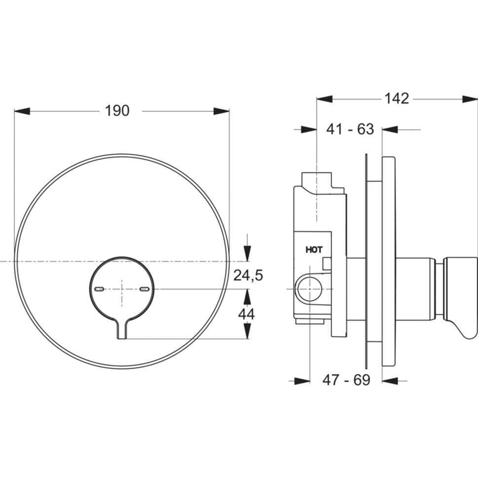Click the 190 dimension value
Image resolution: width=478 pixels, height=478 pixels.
(x=117, y=110)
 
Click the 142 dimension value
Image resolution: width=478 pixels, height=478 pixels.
(x=397, y=98)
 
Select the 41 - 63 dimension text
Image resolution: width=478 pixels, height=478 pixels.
(x=350, y=129)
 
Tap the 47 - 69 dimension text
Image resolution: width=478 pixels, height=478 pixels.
(x=346, y=380)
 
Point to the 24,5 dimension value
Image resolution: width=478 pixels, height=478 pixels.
(x=248, y=275)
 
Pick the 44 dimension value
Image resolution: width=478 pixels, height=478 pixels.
(x=246, y=314)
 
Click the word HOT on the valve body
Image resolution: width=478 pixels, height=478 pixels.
(x=314, y=250)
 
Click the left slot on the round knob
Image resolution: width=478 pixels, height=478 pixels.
(x=100, y=289)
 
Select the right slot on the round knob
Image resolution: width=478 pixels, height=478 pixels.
(x=144, y=289)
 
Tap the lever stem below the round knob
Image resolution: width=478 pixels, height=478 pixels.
(x=122, y=329)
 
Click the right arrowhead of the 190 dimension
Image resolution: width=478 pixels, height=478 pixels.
(x=221, y=111)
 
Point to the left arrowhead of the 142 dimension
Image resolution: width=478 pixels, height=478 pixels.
(x=325, y=99)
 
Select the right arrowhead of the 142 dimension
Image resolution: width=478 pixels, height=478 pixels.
(x=470, y=99)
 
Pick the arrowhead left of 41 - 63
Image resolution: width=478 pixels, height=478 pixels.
(x=309, y=130)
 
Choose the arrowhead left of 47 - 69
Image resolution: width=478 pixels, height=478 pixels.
(x=302, y=380)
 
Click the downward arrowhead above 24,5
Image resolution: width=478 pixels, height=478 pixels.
(x=247, y=253)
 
